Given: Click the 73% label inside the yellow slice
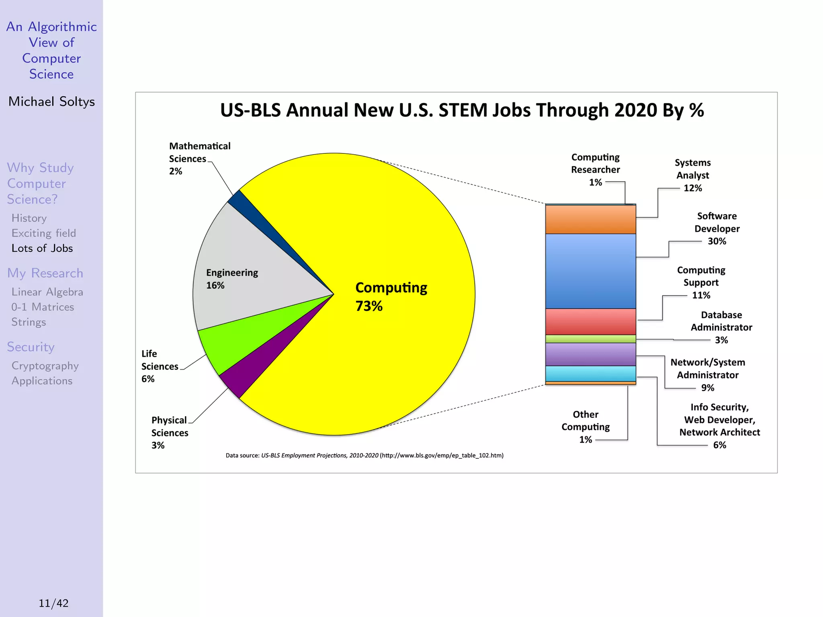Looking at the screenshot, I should (x=369, y=306).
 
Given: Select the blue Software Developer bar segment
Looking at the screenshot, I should (x=590, y=271).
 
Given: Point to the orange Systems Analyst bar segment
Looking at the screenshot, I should (x=590, y=220).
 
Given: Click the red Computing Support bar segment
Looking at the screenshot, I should (x=590, y=322).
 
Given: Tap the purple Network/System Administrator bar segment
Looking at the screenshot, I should (x=590, y=354).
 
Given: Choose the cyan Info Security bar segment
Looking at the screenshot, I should (x=590, y=374).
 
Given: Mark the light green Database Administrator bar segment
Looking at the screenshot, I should (x=590, y=339).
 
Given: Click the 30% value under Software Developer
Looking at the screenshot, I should (x=717, y=241).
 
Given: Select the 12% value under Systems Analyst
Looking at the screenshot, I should (x=693, y=188).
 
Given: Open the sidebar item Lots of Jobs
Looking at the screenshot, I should (x=42, y=248).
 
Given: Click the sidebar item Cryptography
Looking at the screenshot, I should (x=45, y=366).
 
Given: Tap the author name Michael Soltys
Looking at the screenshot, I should (x=51, y=102).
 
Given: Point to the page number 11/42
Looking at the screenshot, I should (x=53, y=603).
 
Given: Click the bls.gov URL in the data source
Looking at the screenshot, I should (x=442, y=456).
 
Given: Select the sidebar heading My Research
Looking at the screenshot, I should (x=45, y=273).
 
